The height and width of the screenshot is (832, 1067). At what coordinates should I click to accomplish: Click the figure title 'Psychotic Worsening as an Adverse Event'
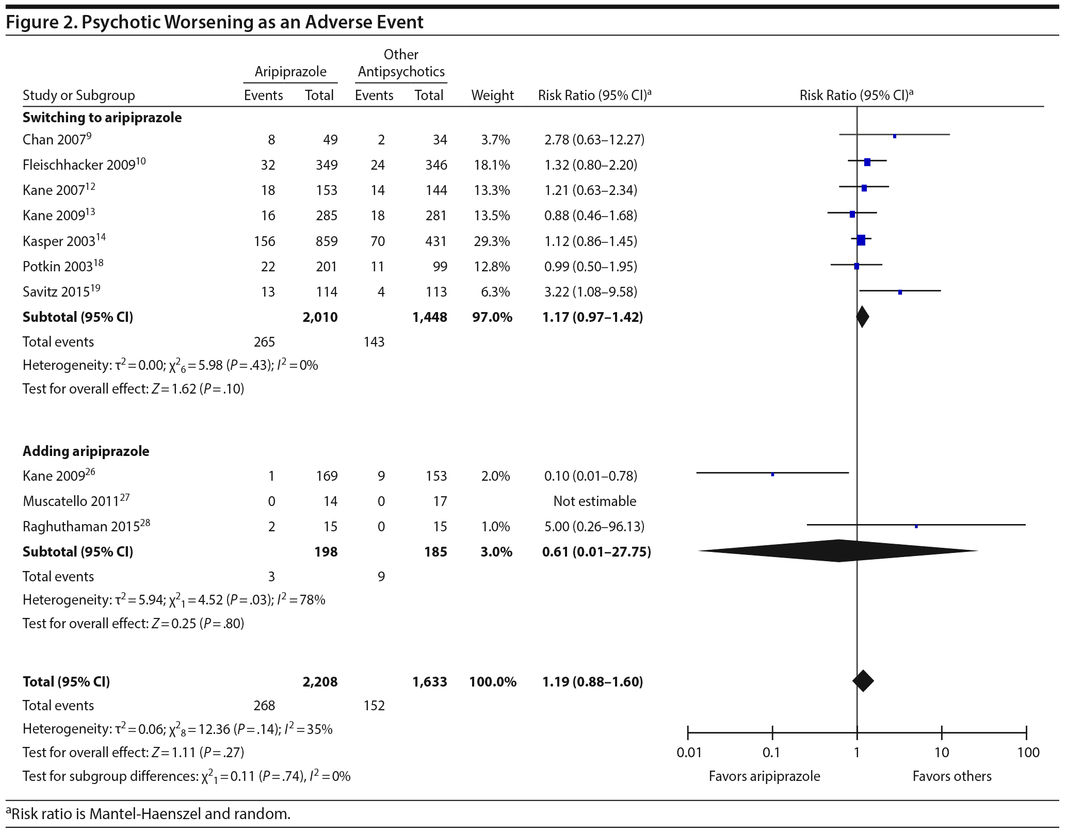pyautogui.click(x=252, y=22)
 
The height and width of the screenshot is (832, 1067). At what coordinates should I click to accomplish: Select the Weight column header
pyautogui.click(x=492, y=95)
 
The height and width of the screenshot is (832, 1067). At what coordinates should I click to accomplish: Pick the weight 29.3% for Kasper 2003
pyautogui.click(x=492, y=241)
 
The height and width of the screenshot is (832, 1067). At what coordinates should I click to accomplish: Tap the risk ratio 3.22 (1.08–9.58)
pyautogui.click(x=590, y=292)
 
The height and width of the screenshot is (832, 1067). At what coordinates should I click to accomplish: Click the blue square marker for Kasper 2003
pyautogui.click(x=861, y=240)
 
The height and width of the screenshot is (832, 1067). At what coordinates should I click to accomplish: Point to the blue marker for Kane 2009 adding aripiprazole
pyautogui.click(x=772, y=475)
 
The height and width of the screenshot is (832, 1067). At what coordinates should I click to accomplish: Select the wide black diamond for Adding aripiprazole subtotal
pyautogui.click(x=838, y=551)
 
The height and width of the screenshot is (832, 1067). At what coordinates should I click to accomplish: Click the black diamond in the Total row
pyautogui.click(x=863, y=681)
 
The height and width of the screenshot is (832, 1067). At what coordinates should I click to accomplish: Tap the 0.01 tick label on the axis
pyautogui.click(x=689, y=753)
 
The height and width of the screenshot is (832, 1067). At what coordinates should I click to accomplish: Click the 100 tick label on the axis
pyautogui.click(x=1028, y=753)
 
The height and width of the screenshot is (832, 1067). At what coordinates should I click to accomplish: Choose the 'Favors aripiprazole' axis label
pyautogui.click(x=764, y=776)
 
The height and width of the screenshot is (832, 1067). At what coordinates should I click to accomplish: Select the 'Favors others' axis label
pyautogui.click(x=952, y=776)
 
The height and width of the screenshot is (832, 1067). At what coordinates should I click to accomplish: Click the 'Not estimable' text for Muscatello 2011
pyautogui.click(x=594, y=501)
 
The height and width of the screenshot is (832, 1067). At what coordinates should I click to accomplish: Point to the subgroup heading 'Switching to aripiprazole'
pyautogui.click(x=102, y=118)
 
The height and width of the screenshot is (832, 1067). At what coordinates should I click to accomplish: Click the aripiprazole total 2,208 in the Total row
pyautogui.click(x=320, y=682)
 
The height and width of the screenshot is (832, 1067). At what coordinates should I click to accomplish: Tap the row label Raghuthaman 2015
pyautogui.click(x=82, y=527)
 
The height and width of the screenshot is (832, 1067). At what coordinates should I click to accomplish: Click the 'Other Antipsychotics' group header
pyautogui.click(x=401, y=63)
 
